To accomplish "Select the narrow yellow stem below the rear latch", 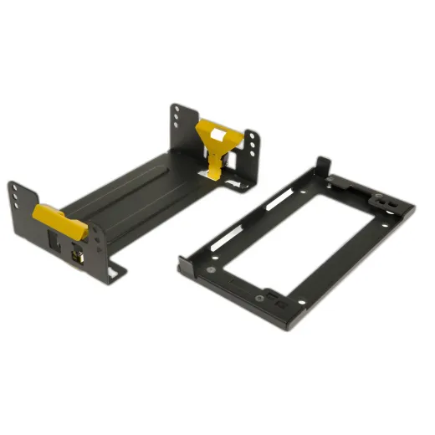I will (216, 162).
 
